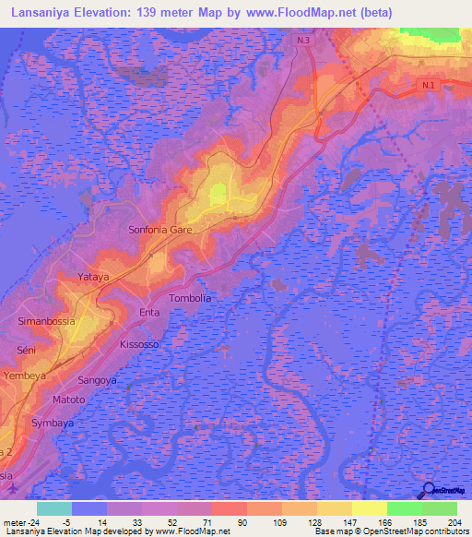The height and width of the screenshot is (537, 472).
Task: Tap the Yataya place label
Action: (93, 276)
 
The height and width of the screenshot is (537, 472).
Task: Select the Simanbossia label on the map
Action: (46, 321)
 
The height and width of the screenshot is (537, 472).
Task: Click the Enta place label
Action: (149, 314)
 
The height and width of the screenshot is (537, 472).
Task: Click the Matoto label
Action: (68, 400)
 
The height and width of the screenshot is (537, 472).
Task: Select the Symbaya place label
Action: (51, 422)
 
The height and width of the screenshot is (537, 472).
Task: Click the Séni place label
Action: (26, 351)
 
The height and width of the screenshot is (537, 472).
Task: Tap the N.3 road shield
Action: (305, 42)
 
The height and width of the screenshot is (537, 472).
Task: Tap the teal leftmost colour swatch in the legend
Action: (54, 508)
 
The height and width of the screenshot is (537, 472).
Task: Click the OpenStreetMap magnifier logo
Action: (427, 490)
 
